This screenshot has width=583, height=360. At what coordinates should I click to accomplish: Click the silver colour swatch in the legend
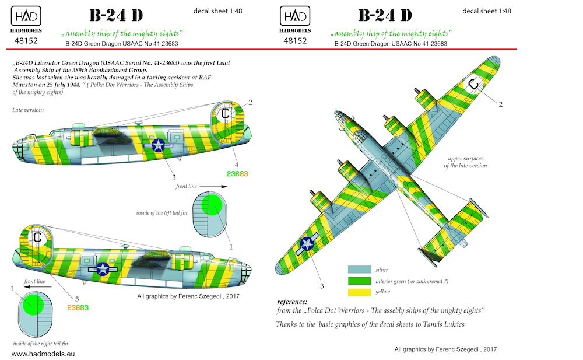click(359, 270)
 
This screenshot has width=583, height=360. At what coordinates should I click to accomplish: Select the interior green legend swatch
click(359, 281)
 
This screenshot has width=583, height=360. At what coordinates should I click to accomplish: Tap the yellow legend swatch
click(359, 292)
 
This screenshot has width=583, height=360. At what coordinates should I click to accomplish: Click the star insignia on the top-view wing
click(307, 244)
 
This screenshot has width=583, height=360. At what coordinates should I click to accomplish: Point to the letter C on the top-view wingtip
click(473, 84)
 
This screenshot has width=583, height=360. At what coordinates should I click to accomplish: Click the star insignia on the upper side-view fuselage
click(159, 145)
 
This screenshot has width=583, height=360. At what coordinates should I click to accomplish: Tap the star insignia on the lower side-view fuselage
click(103, 269)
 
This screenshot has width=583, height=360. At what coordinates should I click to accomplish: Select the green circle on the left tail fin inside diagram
click(212, 205)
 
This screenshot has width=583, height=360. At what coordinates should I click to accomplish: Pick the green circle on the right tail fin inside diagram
click(33, 305)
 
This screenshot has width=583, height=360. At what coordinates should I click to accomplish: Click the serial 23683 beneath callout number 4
click(237, 174)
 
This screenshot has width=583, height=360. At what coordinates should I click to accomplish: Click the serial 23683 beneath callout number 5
click(78, 308)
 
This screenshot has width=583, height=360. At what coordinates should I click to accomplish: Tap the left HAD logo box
click(26, 16)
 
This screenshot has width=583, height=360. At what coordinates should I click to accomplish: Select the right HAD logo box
click(295, 16)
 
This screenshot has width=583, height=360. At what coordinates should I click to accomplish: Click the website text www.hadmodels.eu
click(43, 354)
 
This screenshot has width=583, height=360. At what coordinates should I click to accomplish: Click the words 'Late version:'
click(28, 110)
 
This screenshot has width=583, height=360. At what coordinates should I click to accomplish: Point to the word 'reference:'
click(292, 302)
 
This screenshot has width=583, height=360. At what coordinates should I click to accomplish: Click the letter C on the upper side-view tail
click(225, 114)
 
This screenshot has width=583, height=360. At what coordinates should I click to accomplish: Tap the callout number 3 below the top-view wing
click(322, 286)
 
